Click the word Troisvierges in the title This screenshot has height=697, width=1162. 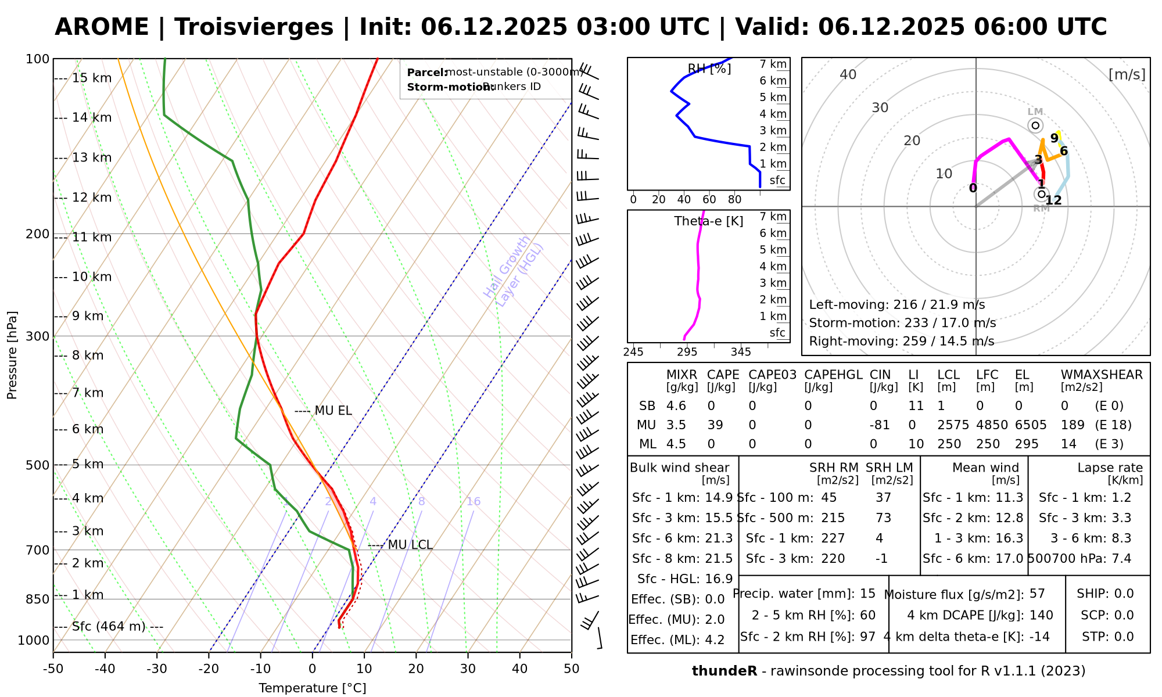[254, 27]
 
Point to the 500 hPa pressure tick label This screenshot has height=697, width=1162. [38, 465]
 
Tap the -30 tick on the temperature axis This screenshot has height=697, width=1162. [157, 669]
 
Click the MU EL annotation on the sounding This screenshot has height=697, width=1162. [333, 411]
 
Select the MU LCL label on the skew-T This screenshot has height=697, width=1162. [410, 545]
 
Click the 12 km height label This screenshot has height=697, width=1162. [92, 197]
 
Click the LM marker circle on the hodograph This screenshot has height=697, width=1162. [1035, 125]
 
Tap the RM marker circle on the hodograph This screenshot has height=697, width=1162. [1041, 194]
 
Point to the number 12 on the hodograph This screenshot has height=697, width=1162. [1053, 201]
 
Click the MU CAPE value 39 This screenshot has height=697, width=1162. [715, 425]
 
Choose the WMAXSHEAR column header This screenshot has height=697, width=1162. [1102, 375]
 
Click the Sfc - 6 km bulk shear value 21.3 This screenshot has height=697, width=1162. [719, 538]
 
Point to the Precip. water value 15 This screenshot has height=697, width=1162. [867, 594]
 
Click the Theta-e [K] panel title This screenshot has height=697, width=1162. [708, 221]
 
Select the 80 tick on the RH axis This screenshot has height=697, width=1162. [734, 200]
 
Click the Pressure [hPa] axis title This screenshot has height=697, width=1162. [12, 355]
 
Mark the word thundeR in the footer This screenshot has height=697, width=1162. [724, 671]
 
